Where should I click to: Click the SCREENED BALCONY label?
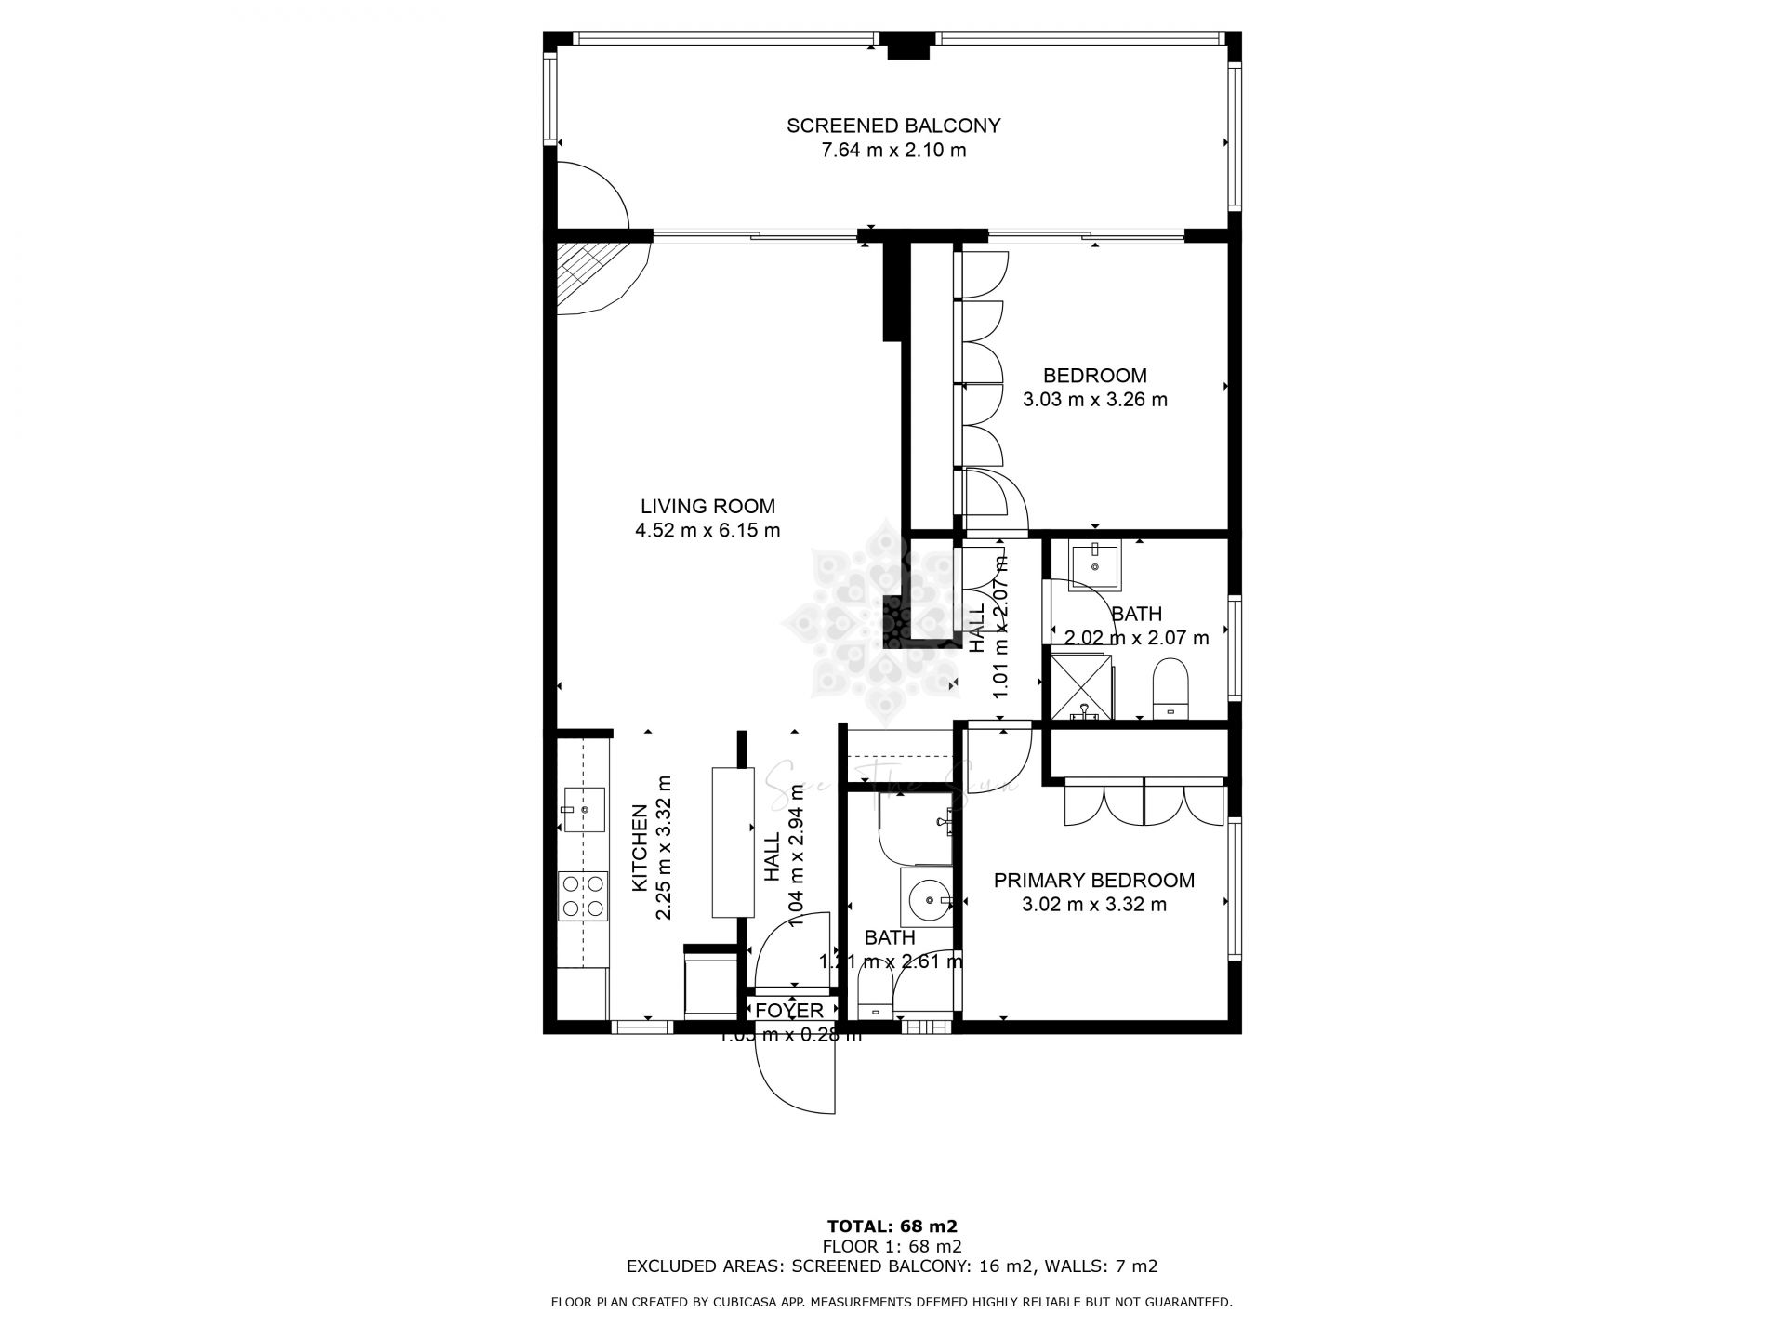pos(892,126)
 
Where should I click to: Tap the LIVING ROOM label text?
pos(707,507)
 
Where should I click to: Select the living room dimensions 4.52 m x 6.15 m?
pos(707,531)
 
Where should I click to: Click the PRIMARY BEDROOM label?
pos(1093,881)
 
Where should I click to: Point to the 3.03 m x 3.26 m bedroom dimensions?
pos(1094,400)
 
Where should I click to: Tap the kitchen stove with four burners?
pos(582,896)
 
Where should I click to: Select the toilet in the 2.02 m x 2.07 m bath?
pos(1170,689)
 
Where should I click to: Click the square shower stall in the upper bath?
pos(1080,687)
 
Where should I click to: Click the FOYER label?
pos(788,1011)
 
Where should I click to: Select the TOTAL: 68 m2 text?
pos(892,1226)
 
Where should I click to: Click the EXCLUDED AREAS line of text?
pos(892,1266)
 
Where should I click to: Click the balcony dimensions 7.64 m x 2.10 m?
pos(892,150)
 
